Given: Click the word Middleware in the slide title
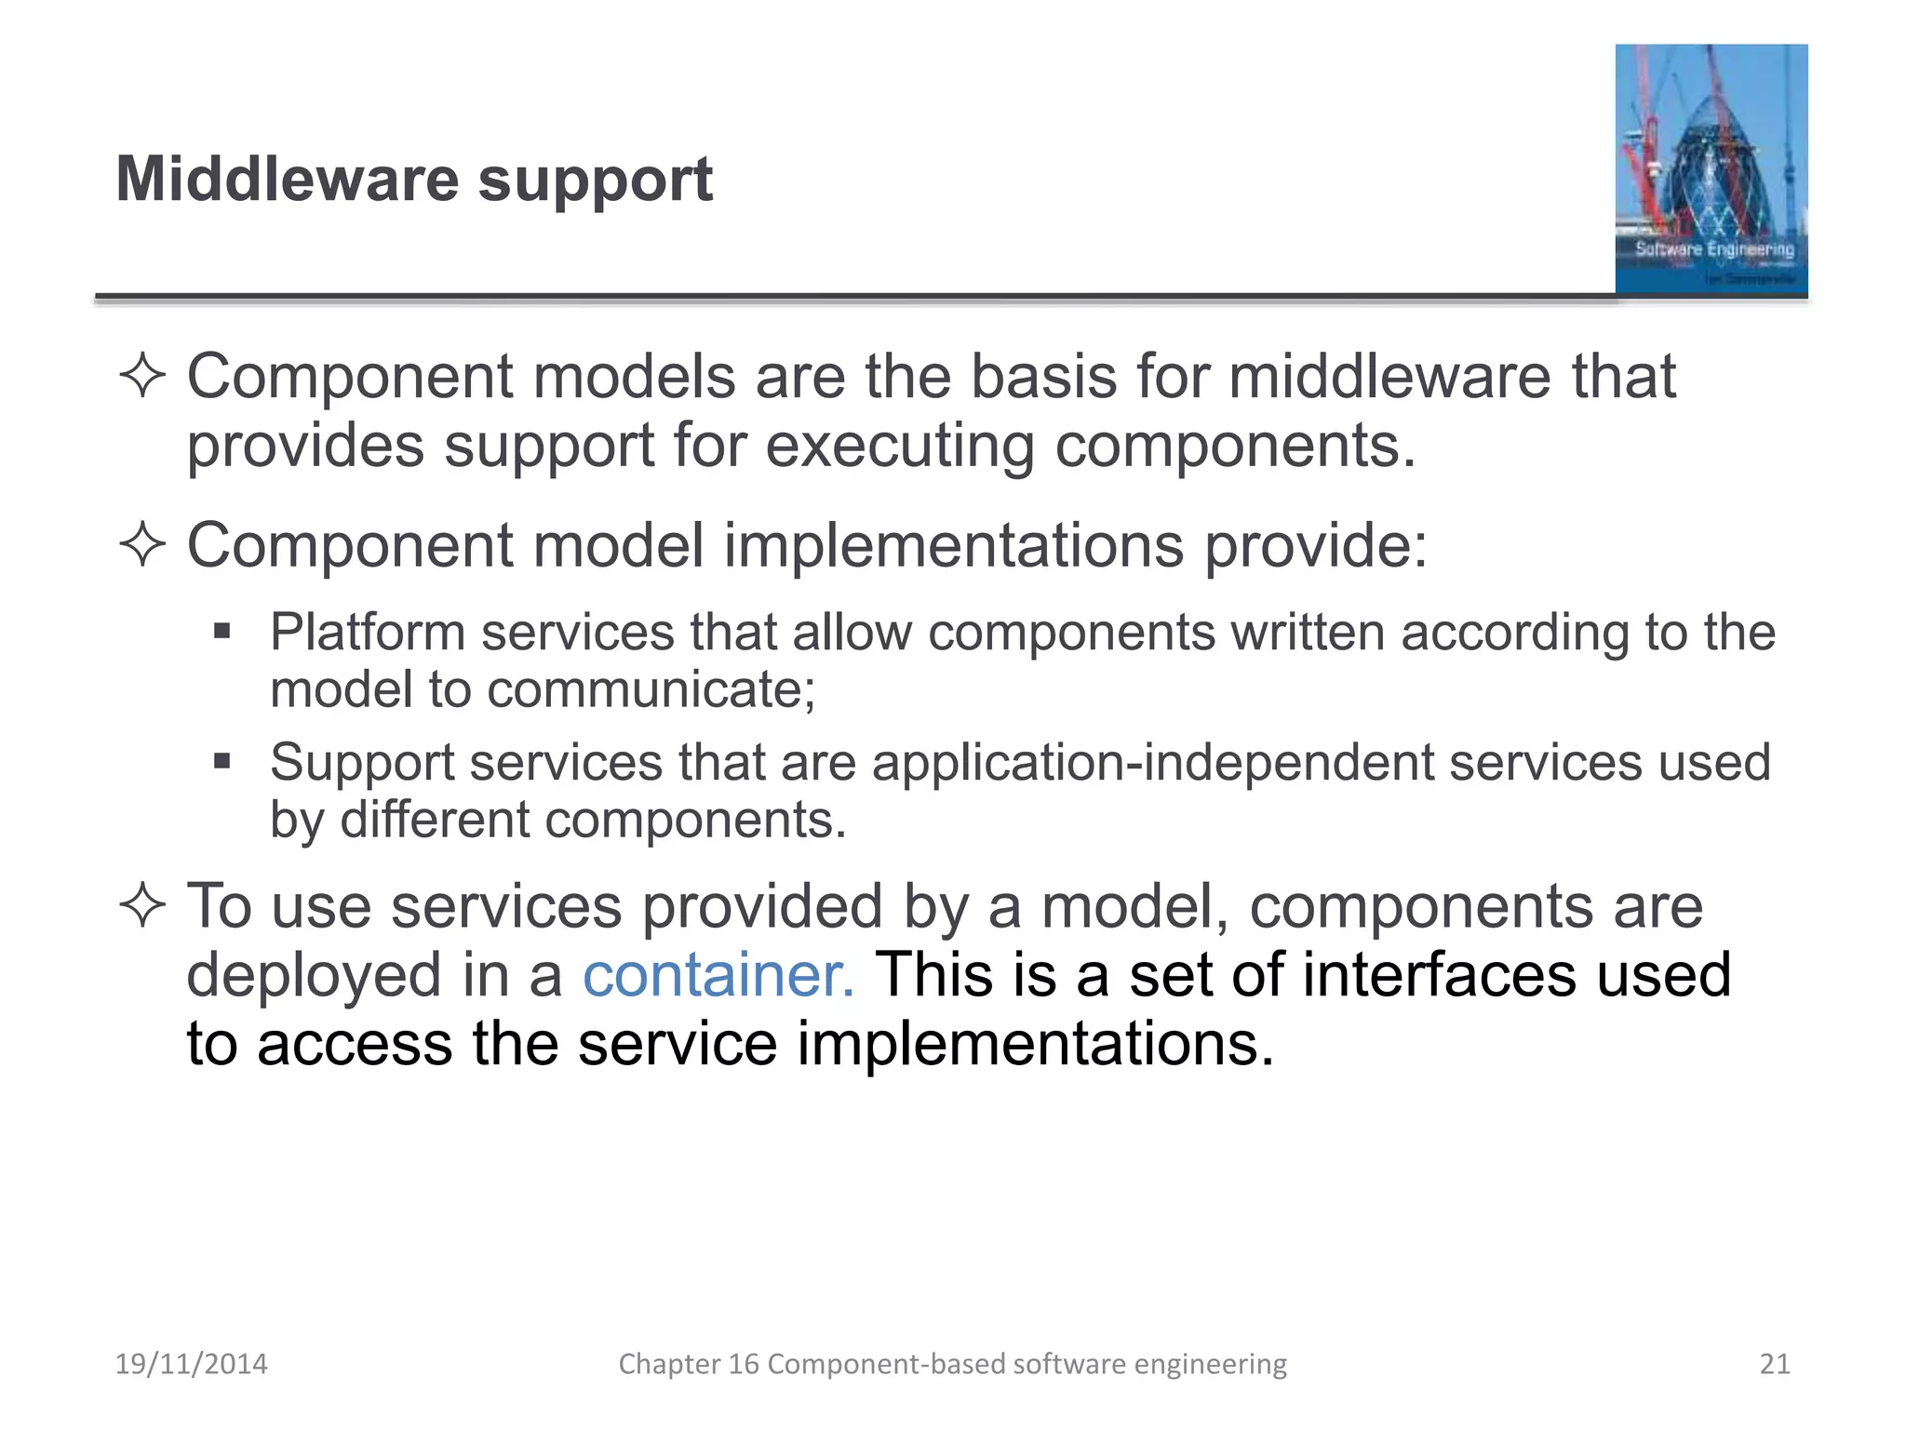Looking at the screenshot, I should (287, 179).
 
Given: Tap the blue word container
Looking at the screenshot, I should (718, 975).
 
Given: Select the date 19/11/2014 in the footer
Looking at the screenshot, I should (191, 1364).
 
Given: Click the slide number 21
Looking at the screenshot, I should (1774, 1364).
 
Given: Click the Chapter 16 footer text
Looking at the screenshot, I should (952, 1364).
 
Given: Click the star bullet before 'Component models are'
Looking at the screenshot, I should (142, 377).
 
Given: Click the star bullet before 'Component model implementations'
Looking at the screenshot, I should (142, 544).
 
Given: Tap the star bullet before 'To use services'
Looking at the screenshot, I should (142, 905).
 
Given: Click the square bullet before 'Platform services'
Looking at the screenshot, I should (221, 633).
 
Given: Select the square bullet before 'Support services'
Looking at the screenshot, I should (221, 762).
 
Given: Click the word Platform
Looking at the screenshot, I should (367, 633).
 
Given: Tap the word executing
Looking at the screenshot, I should (899, 447).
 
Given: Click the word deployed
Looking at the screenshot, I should (314, 977).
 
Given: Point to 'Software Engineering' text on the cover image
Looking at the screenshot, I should (1714, 249).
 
